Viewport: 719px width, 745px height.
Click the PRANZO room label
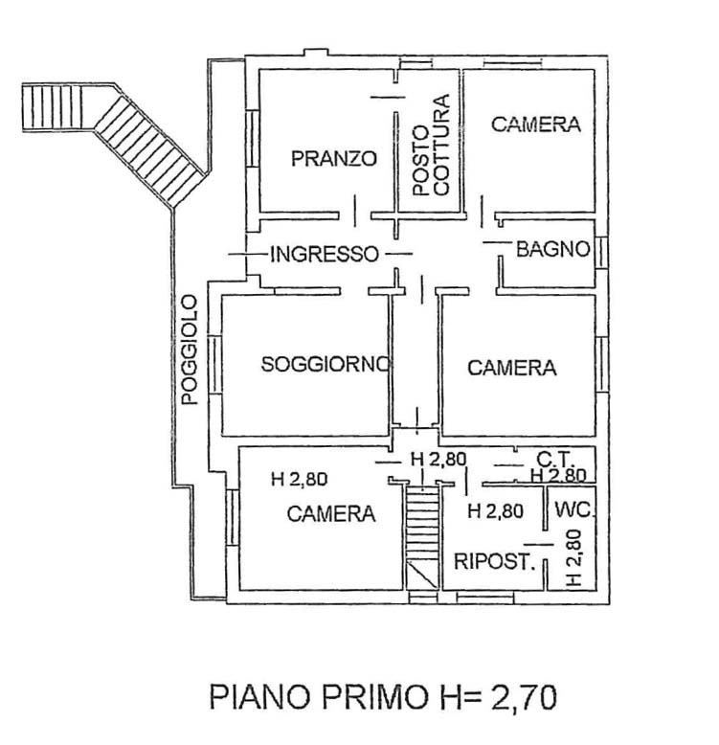[x=334, y=159]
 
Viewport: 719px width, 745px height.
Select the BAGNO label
[x=551, y=251]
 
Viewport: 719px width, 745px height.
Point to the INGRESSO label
[x=326, y=254]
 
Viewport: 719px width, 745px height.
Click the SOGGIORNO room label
[x=326, y=364]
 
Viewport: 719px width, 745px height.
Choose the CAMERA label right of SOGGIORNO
[x=511, y=368]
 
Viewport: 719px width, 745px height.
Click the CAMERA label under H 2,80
[x=331, y=514]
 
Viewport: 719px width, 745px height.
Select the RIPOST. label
[x=493, y=562]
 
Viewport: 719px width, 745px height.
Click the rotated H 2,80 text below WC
[x=573, y=558]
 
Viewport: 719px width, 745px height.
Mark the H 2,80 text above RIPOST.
[x=494, y=511]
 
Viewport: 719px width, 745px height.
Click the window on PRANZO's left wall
[x=251, y=140]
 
